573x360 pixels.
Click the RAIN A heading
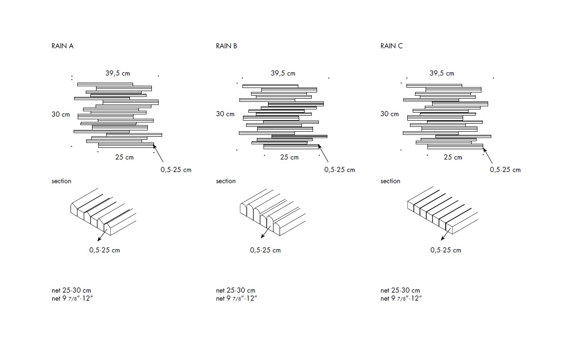point(63,46)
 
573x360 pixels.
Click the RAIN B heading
point(226,46)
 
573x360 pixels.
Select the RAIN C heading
point(391,46)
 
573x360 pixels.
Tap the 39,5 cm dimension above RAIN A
point(117,73)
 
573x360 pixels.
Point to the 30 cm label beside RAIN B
point(225,114)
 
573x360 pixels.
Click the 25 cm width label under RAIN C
point(453,157)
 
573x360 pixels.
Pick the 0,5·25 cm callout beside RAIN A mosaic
point(176,170)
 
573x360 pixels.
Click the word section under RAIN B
point(226,181)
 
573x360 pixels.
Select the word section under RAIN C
point(390,181)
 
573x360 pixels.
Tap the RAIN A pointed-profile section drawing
point(103,212)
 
